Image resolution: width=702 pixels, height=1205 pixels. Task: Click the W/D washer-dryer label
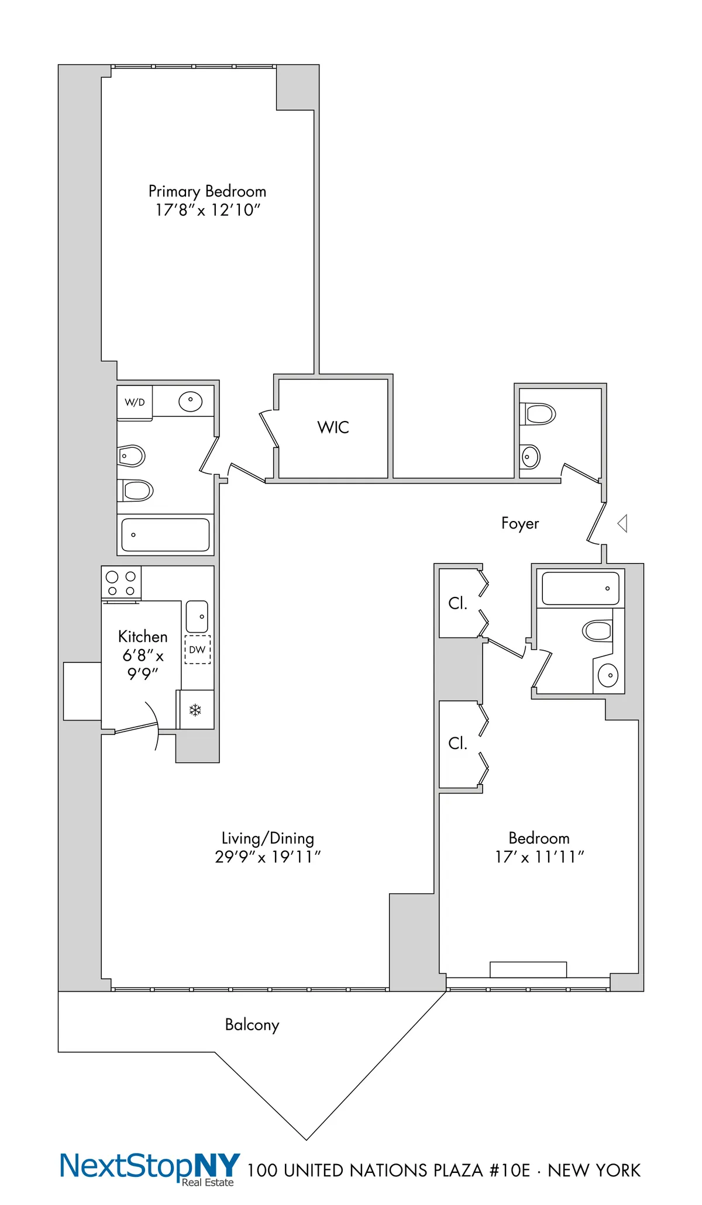[135, 402]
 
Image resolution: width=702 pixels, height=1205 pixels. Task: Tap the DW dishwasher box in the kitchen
[198, 650]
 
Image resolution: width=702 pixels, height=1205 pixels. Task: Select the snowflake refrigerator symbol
[195, 710]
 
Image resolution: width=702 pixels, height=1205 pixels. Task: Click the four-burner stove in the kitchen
[121, 583]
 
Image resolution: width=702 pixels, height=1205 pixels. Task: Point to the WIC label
[333, 427]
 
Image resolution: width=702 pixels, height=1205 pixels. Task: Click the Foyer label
[519, 523]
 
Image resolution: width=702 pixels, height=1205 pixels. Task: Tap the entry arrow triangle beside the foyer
[623, 523]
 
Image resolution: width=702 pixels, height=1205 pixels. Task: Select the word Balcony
[252, 1025]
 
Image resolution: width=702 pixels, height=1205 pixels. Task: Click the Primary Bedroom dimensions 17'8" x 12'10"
[207, 210]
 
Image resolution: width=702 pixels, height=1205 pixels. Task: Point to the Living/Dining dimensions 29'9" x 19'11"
[267, 857]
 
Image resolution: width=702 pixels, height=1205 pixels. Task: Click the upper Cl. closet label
[457, 603]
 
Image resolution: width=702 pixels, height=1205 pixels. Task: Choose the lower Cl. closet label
[457, 743]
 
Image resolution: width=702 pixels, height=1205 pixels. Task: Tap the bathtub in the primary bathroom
[166, 534]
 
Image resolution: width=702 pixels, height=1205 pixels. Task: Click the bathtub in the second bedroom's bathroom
[580, 589]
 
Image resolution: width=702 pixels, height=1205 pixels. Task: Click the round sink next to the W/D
[190, 402]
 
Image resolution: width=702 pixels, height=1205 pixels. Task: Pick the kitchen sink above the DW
[197, 616]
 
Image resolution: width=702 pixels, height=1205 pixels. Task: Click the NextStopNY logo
[150, 1167]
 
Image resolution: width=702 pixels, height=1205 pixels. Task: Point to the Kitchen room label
[143, 637]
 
